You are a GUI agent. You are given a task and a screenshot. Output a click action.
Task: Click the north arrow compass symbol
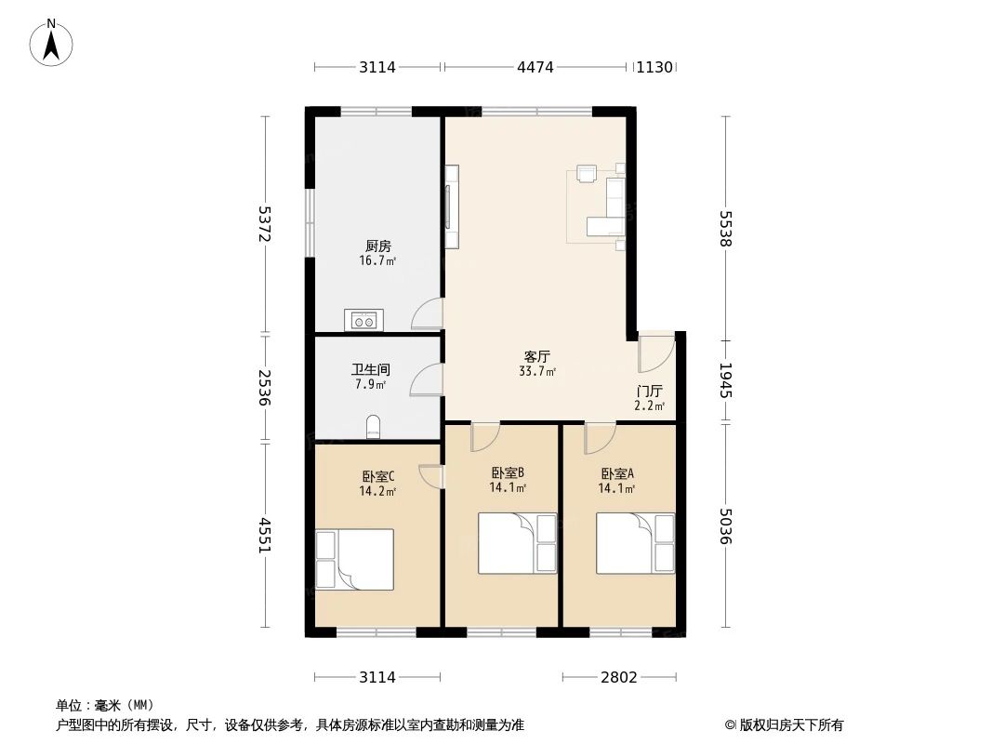point(53,42)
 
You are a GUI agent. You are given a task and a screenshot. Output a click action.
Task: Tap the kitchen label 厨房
point(377,246)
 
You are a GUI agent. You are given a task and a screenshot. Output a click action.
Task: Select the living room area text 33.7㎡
point(537,372)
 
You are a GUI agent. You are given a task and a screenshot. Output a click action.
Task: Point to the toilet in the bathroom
point(374,427)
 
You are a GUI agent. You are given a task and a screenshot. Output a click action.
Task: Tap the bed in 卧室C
point(354,559)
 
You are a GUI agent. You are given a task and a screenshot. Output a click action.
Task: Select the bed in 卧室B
point(517,543)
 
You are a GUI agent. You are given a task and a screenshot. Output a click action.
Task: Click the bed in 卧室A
point(635,543)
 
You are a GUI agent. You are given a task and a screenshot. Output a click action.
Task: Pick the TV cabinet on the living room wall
point(451,206)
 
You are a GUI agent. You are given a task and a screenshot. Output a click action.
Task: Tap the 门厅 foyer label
point(650,391)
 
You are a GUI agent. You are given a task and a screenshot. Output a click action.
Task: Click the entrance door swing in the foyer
point(654,350)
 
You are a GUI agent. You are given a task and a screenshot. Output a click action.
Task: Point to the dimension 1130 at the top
point(654,67)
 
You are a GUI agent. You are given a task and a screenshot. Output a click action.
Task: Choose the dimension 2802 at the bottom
point(618,677)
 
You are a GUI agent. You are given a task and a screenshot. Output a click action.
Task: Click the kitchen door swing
point(427,314)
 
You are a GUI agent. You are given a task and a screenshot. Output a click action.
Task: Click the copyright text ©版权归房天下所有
point(783,724)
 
